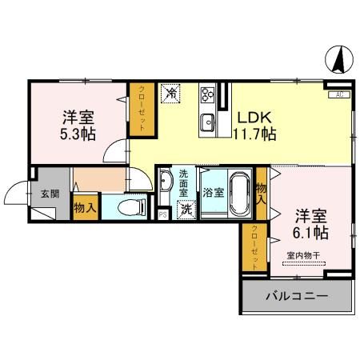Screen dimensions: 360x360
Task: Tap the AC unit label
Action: (x=338, y=95)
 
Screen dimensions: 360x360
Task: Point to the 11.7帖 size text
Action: (x=254, y=134)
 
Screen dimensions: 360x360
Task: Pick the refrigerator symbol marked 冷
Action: (x=170, y=94)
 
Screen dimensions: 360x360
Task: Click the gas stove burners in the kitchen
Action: (x=209, y=95)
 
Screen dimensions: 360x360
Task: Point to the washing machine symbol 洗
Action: (x=185, y=210)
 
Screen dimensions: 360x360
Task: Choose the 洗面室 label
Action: (x=184, y=183)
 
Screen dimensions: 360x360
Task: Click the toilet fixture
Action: (x=128, y=207)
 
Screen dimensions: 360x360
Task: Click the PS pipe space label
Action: (x=162, y=213)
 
